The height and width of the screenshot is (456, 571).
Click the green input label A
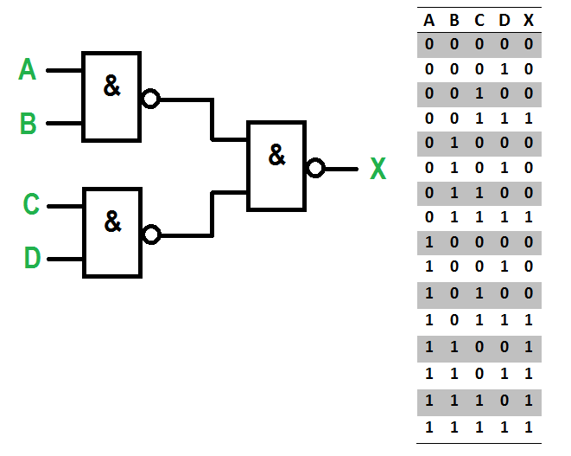pos(28,69)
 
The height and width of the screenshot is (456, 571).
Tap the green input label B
pos(28,124)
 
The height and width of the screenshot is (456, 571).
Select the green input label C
pos(31,204)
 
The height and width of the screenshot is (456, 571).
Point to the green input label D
pos(32,258)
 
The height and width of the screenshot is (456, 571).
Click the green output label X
pos(377,169)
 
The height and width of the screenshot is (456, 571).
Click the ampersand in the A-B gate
pos(111,86)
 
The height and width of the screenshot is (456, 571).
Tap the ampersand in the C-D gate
pos(112,222)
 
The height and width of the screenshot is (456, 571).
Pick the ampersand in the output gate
pos(276,155)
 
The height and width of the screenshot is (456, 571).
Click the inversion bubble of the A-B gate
pos(150,99)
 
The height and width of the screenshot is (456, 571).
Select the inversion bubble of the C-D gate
pos(151,234)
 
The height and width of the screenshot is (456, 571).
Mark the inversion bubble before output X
pos(315,168)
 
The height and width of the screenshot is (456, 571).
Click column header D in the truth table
pos(504,21)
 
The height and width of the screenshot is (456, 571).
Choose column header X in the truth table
pos(529,21)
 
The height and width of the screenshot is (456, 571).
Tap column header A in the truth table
pos(429,21)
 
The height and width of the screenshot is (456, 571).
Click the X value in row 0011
pos(529,119)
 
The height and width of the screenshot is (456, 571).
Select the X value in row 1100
pos(529,347)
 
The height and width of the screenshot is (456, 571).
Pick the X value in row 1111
pos(529,427)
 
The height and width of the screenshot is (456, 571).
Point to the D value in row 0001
pos(504,69)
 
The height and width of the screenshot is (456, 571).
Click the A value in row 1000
pos(429,242)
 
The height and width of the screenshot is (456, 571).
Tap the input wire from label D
pos(66,260)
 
